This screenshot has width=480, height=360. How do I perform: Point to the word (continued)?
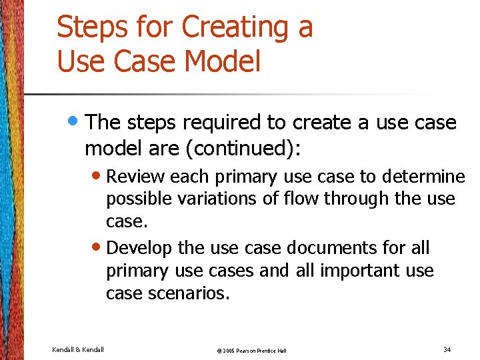tap(244, 149)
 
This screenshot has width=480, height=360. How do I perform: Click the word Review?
tap(136, 177)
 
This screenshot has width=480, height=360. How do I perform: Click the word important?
tap(355, 271)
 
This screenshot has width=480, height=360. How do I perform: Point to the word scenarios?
tap(191, 293)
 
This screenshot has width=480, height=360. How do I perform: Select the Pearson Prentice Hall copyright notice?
tap(252, 350)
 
